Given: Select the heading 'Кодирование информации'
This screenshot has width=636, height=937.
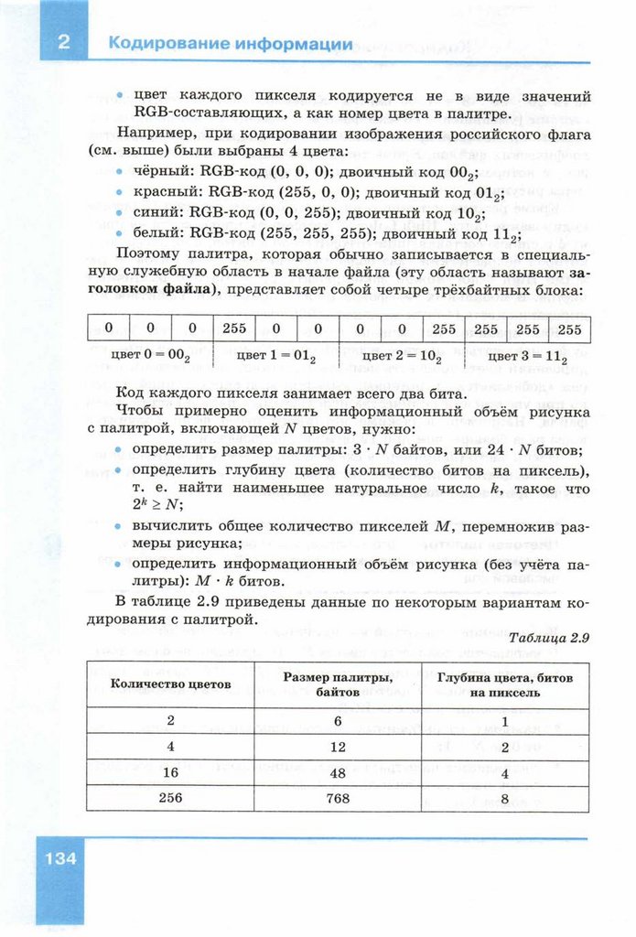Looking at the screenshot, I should click(x=230, y=44).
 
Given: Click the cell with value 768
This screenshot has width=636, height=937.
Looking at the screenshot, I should click(x=337, y=797).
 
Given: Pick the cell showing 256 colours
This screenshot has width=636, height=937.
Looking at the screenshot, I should click(x=170, y=797).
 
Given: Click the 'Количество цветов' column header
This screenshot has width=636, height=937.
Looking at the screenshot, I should click(x=170, y=684).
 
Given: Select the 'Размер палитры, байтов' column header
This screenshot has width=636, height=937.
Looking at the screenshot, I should click(x=337, y=684).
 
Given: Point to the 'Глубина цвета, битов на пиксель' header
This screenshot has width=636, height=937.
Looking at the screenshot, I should click(x=504, y=684).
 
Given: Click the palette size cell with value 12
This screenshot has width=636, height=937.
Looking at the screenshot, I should click(x=337, y=746).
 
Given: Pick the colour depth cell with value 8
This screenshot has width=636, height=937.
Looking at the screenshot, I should click(x=504, y=797).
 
